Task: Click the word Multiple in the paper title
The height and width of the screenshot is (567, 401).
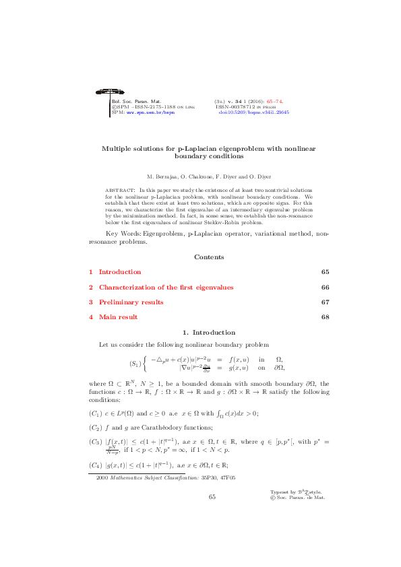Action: tap(117, 148)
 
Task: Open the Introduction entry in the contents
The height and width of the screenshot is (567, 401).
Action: tap(120, 272)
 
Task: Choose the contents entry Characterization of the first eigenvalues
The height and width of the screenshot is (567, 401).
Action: tap(166, 287)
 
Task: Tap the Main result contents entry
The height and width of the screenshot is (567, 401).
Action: tap(118, 317)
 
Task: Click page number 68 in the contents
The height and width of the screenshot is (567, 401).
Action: tap(325, 317)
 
